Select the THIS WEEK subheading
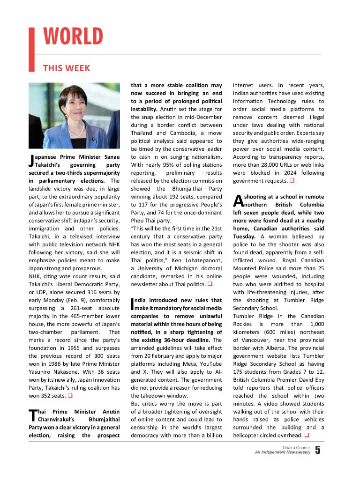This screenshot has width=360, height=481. pyautogui.click(x=67, y=68)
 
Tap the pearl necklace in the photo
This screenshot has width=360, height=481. pyautogui.click(x=78, y=128)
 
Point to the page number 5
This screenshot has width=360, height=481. pyautogui.click(x=318, y=451)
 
